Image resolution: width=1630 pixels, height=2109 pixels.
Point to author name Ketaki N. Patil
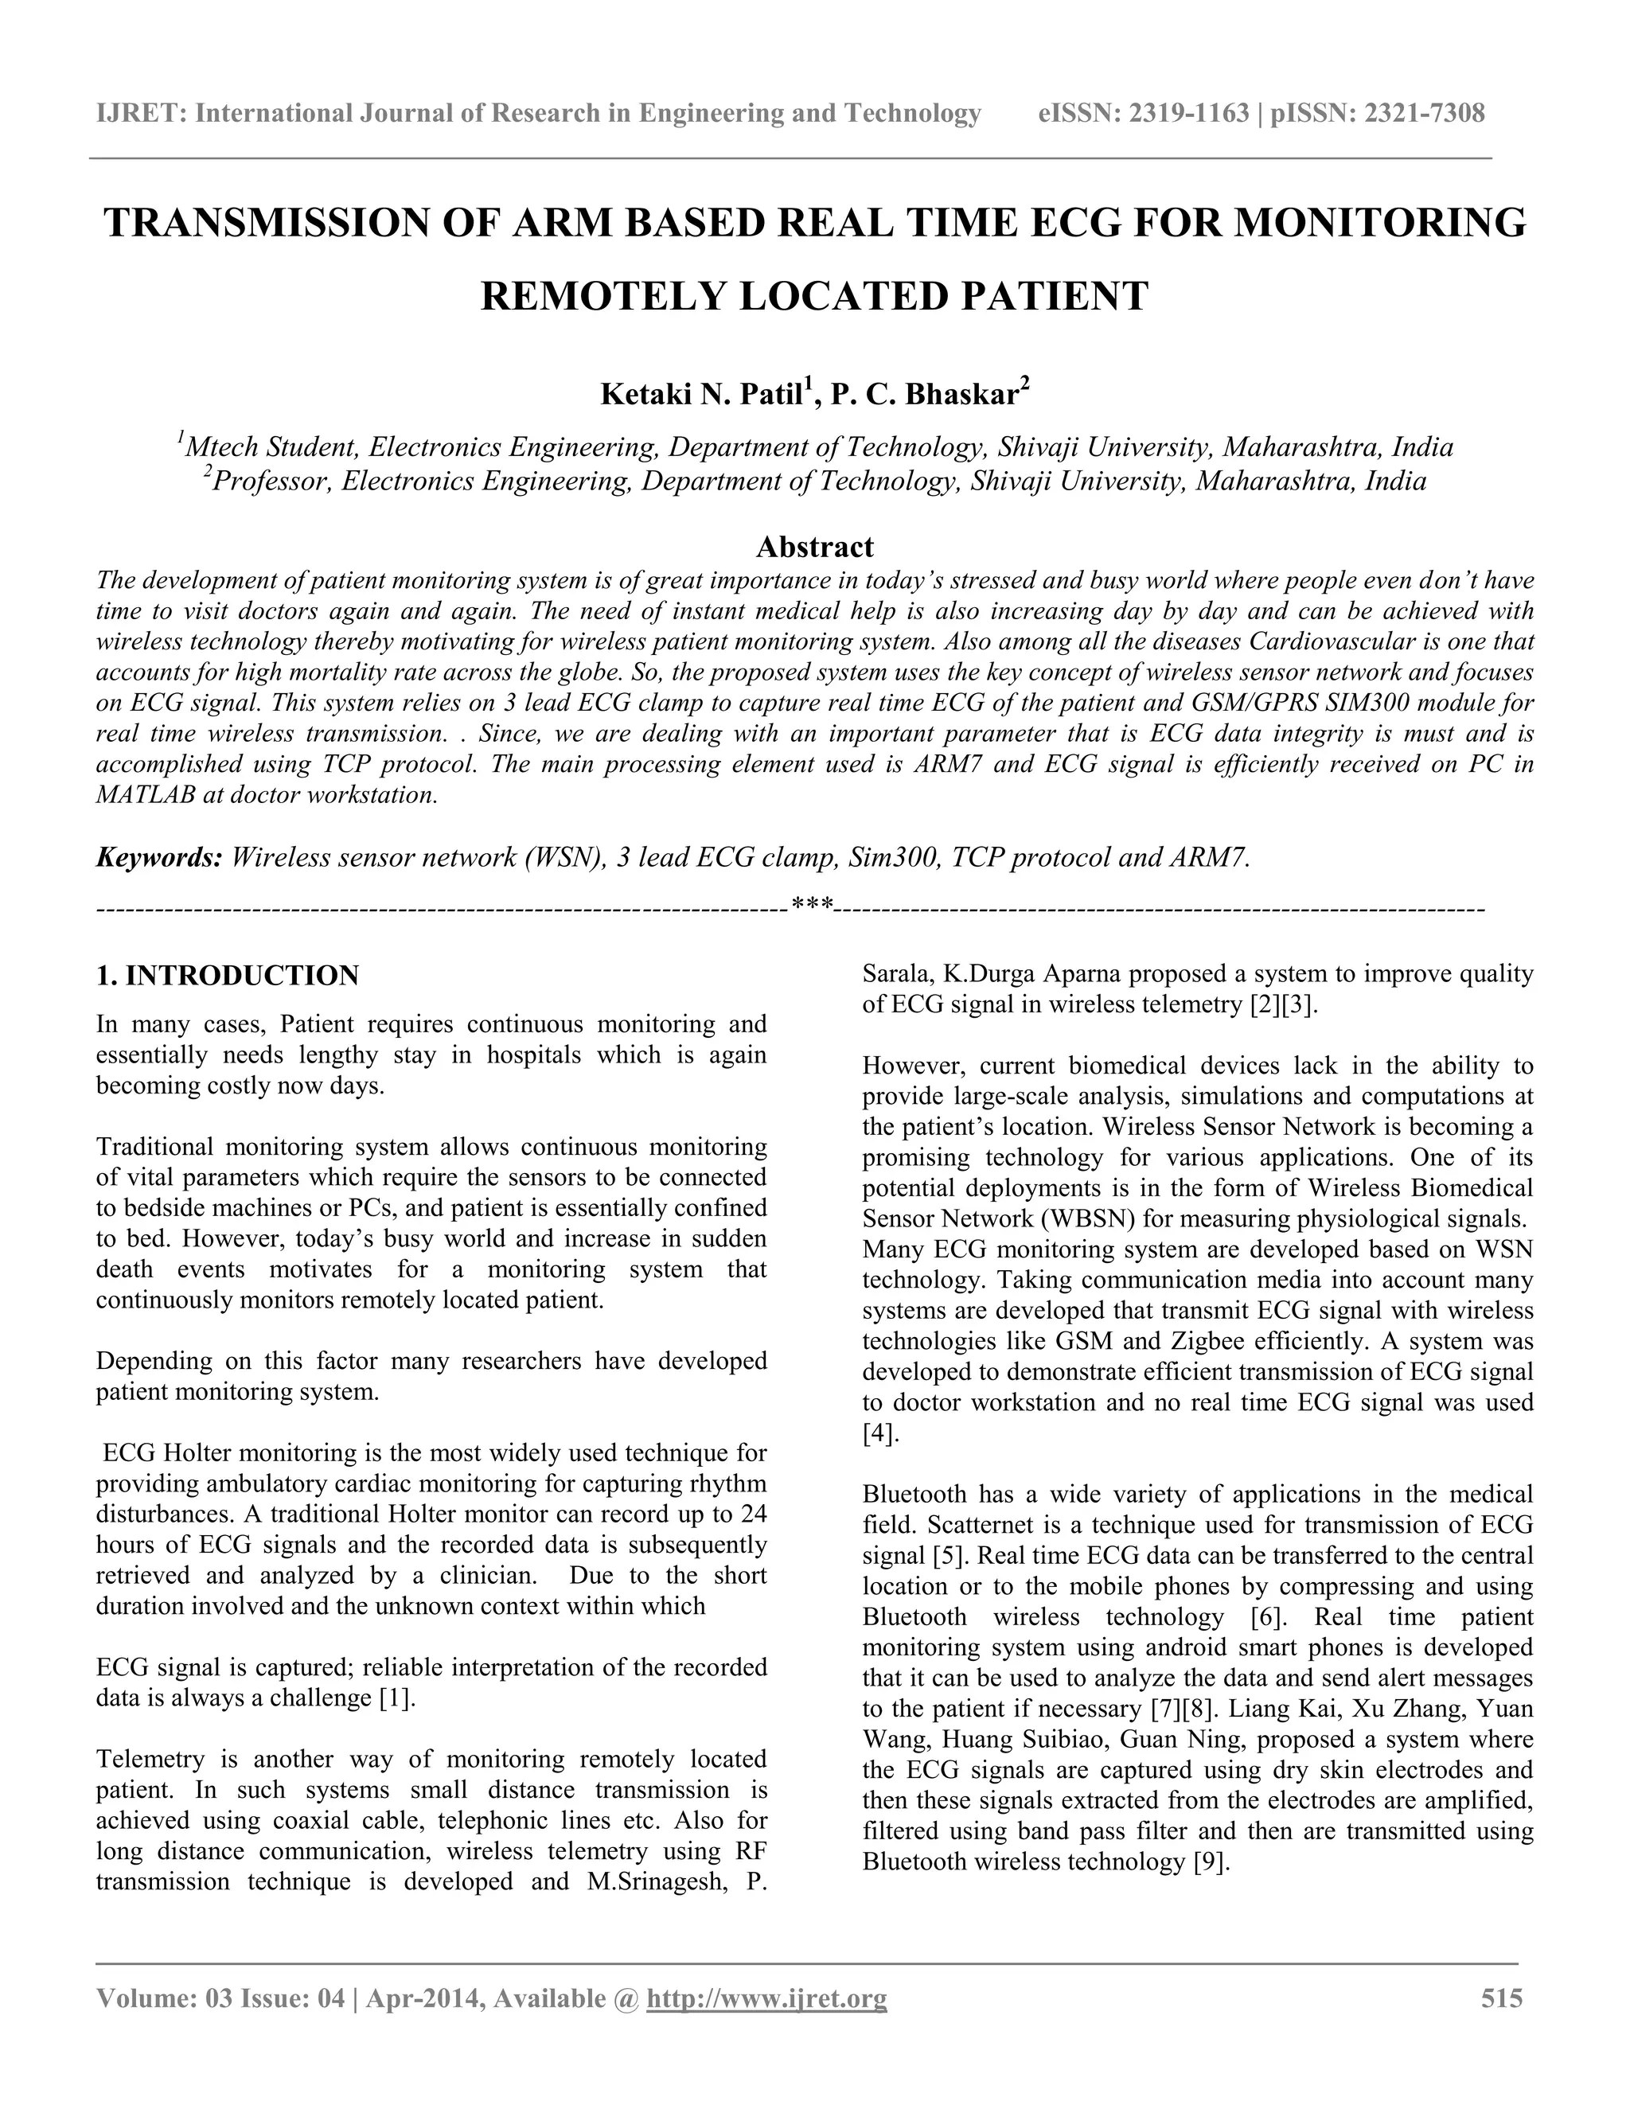[x=701, y=394]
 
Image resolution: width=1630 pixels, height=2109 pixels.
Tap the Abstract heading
[x=814, y=547]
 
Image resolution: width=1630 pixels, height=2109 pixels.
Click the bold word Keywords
[x=159, y=856]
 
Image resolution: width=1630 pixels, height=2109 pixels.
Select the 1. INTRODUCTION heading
[x=228, y=976]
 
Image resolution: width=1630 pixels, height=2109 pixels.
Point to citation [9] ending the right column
[x=1211, y=1861]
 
